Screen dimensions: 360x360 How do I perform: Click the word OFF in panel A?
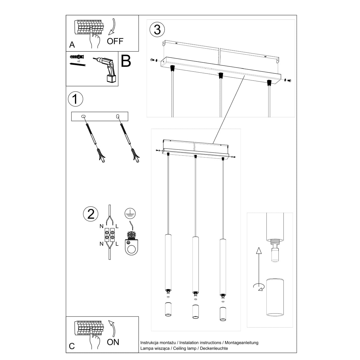(115, 41)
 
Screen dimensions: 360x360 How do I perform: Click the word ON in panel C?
(113, 342)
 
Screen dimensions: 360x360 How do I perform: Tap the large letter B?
(126, 61)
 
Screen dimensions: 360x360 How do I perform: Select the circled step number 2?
(91, 214)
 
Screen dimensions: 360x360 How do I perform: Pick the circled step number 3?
(157, 30)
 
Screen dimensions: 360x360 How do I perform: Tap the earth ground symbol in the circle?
(130, 213)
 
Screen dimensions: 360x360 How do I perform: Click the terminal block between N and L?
(109, 235)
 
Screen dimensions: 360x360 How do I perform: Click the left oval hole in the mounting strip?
(83, 116)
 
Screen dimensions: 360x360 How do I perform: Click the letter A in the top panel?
(72, 45)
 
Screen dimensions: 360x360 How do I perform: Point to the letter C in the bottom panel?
(72, 346)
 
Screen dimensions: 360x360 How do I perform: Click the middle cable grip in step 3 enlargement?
(220, 75)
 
